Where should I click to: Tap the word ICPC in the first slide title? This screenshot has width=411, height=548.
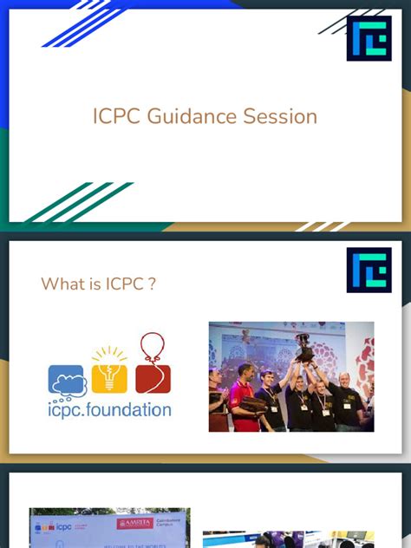point(116,116)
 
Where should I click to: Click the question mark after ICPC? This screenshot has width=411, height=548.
point(153,284)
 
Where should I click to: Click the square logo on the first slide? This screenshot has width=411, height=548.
point(369,38)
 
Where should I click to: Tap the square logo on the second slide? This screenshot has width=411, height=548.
point(369,270)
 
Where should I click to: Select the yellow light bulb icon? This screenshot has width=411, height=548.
point(110,370)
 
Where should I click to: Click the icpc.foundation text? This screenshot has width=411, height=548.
point(109,409)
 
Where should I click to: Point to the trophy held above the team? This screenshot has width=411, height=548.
point(303,346)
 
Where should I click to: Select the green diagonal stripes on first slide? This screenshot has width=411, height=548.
point(79,203)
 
